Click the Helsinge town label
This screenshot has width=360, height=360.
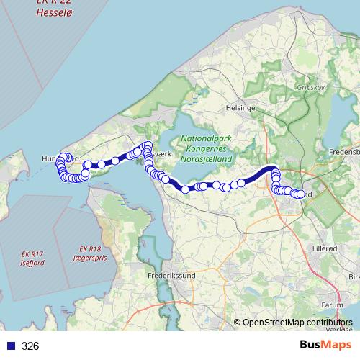point(241,107)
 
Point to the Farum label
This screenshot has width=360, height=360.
point(328,305)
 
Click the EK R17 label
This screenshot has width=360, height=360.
point(32,254)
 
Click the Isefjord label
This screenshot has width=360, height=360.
point(32,263)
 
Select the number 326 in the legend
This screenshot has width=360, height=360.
point(30,346)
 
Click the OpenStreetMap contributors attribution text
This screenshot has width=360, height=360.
point(297,323)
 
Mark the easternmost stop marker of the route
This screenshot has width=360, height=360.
point(302,194)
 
